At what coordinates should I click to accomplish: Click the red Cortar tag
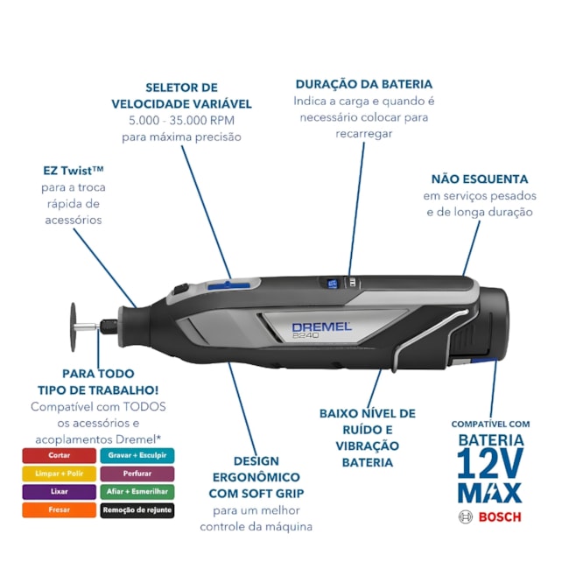pyautogui.click(x=60, y=455)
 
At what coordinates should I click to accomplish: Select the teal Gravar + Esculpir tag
pyautogui.click(x=137, y=455)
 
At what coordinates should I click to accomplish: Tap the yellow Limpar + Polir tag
pyautogui.click(x=60, y=474)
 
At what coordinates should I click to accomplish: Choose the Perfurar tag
pyautogui.click(x=137, y=474)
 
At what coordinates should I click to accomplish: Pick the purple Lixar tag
pyautogui.click(x=60, y=492)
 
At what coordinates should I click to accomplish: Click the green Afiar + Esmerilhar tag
pyautogui.click(x=137, y=492)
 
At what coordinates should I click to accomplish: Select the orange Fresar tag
pyautogui.click(x=60, y=509)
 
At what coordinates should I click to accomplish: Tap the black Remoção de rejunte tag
pyautogui.click(x=137, y=510)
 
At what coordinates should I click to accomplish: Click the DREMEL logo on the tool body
pyautogui.click(x=321, y=327)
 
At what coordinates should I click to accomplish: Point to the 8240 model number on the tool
pyautogui.click(x=306, y=335)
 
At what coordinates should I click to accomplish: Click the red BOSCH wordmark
pyautogui.click(x=500, y=516)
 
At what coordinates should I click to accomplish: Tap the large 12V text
pyautogui.click(x=490, y=463)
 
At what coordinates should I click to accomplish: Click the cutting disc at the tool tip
pyautogui.click(x=74, y=327)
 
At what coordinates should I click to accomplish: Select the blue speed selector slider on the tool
pyautogui.click(x=229, y=285)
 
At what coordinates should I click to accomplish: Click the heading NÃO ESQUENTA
pyautogui.click(x=480, y=179)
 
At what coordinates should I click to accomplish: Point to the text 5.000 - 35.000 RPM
pyautogui.click(x=181, y=121)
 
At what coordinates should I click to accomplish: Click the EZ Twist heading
pyautogui.click(x=74, y=170)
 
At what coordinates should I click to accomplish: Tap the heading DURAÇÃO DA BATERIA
pyautogui.click(x=364, y=84)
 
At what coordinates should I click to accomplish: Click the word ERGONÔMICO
pyautogui.click(x=256, y=477)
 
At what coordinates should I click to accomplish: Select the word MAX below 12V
pyautogui.click(x=490, y=493)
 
